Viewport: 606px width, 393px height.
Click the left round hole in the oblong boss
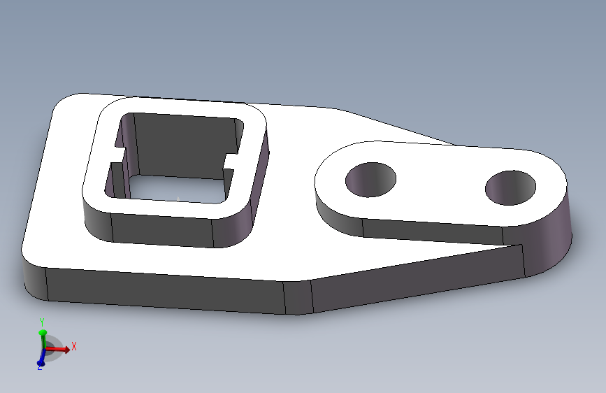pos(371,179)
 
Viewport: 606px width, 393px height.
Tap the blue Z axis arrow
pos(41,360)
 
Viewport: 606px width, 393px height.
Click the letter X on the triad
pos(74,346)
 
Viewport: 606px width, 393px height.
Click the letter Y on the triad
pos(42,322)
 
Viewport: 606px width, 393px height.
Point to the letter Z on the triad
pos(40,368)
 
